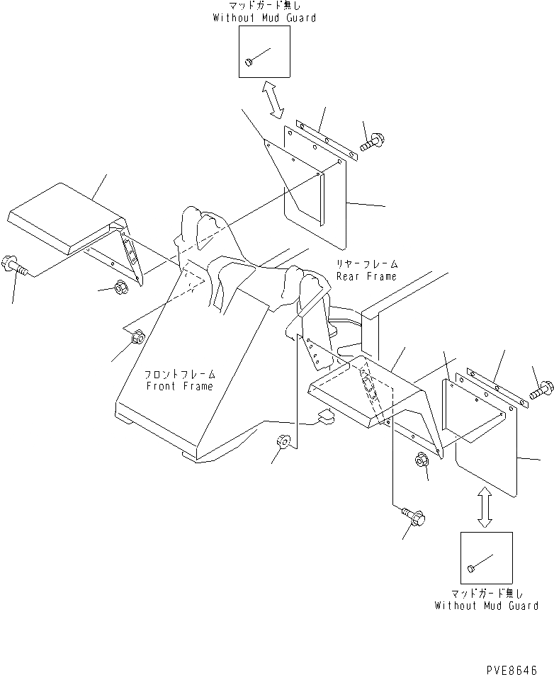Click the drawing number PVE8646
point(511,668)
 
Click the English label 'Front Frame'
point(179,386)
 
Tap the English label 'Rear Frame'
point(366,276)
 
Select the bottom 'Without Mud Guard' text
point(486,606)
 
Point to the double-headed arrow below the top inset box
point(273,99)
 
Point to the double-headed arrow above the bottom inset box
point(485,506)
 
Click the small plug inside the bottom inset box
point(471,568)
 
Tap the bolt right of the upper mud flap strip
point(369,143)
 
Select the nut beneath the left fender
point(120,288)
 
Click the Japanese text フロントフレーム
point(179,374)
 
